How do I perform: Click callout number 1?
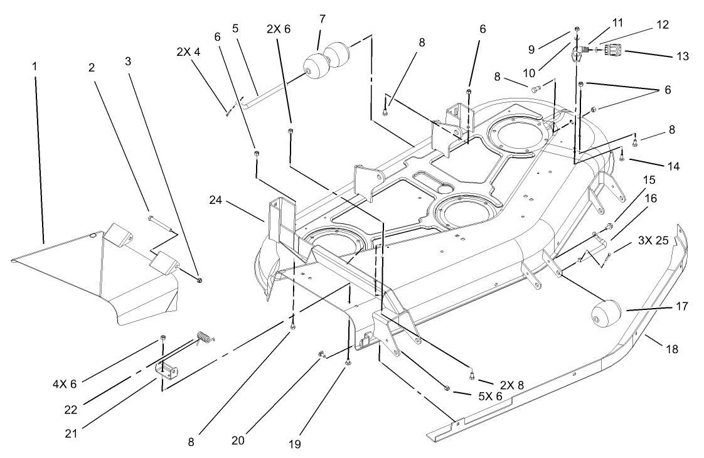[35, 65]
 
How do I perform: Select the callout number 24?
[216, 200]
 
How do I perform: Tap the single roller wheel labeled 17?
[606, 312]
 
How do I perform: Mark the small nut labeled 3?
[199, 280]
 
